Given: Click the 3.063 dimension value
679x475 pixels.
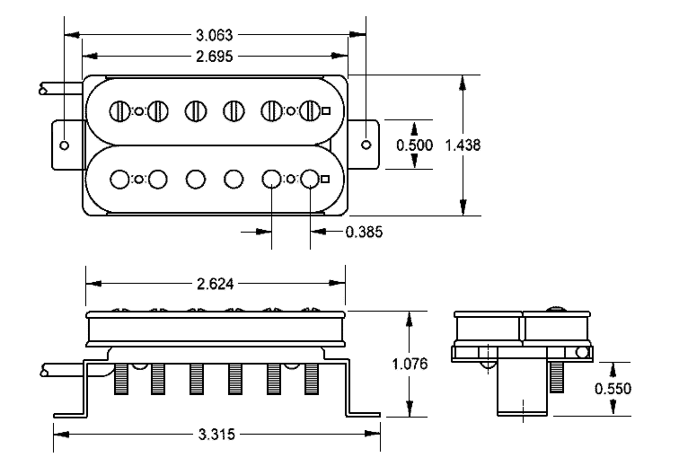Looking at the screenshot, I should click(x=215, y=36).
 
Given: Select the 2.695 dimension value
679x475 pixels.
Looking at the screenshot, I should click(x=215, y=56).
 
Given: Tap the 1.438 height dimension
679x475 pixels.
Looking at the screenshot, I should click(x=463, y=145).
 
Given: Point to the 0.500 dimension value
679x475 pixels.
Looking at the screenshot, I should click(x=415, y=145).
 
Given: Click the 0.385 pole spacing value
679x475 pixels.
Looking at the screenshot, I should click(x=364, y=232).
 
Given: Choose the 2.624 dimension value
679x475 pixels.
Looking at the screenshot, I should click(x=216, y=284).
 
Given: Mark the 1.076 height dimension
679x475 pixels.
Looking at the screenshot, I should click(x=410, y=365).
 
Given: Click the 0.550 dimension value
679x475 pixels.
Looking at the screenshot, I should click(x=613, y=389).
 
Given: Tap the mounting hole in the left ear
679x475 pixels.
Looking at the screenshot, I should click(x=65, y=145).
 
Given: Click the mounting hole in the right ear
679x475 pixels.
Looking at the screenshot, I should click(x=366, y=145).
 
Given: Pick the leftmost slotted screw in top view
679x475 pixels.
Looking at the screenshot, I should click(x=120, y=111).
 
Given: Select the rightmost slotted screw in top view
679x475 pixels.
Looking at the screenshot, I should click(x=310, y=111).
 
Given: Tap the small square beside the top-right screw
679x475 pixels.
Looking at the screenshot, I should click(x=326, y=111).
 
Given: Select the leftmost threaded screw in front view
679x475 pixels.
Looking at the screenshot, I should click(x=121, y=381).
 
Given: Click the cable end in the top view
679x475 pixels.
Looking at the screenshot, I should click(x=42, y=89).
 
